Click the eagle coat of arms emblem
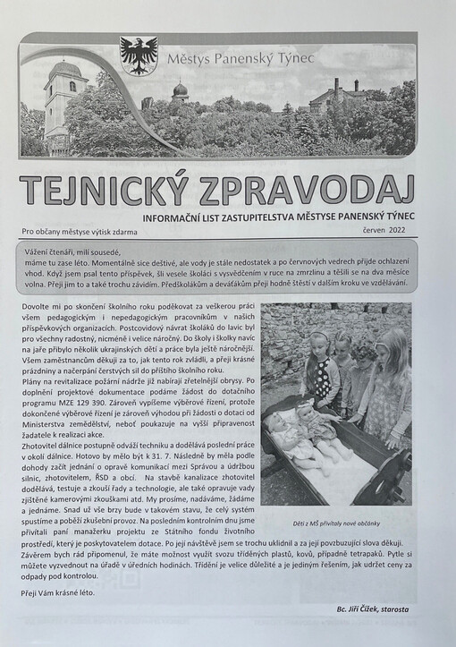tap(138, 55)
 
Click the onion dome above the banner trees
tap(180, 90)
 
